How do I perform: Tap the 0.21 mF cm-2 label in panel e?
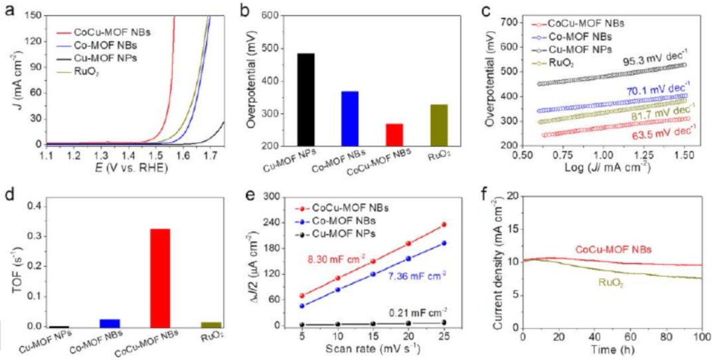click(x=418, y=312)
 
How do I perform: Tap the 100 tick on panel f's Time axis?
click(x=702, y=338)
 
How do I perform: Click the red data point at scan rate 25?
click(x=443, y=225)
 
